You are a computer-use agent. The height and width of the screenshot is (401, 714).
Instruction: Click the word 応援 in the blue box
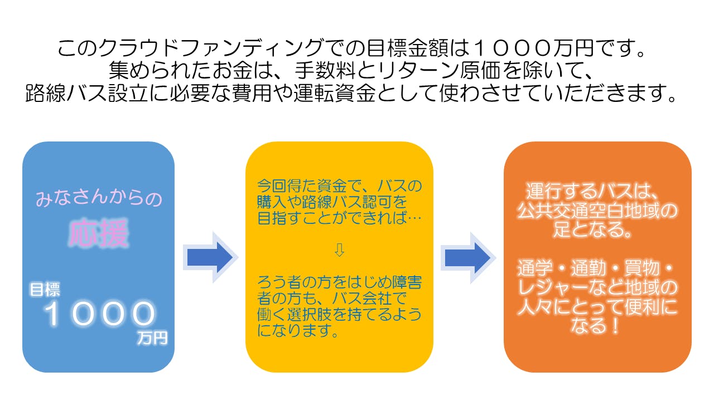[x=98, y=234]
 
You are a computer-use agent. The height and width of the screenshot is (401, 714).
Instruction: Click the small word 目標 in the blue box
[x=45, y=289]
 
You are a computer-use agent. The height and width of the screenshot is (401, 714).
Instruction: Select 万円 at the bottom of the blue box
[x=152, y=338]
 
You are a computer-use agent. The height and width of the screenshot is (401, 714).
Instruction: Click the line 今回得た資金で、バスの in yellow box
[x=339, y=184]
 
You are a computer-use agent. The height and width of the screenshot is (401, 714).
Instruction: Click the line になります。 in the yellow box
[x=299, y=332]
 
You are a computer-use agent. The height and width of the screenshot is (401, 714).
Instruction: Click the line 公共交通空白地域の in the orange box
[x=597, y=211]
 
